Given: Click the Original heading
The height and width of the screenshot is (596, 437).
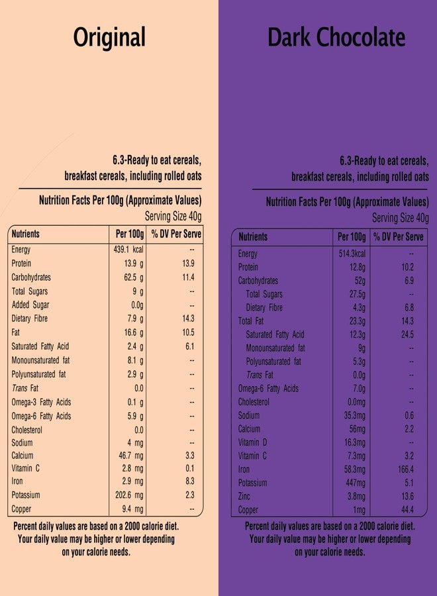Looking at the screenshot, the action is (x=109, y=38).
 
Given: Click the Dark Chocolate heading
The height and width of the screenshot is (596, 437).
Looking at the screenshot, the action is (x=336, y=37).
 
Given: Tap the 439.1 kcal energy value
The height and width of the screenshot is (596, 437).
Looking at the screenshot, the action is (x=128, y=250).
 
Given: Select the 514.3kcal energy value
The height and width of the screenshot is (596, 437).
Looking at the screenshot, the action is (x=352, y=254).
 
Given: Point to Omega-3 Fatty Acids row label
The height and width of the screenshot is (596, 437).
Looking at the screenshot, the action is (x=41, y=402).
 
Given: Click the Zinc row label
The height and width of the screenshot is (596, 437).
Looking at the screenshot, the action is (x=244, y=497).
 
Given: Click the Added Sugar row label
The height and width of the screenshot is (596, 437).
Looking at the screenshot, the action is (x=30, y=305).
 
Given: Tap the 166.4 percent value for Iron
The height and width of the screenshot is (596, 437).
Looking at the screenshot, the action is (x=406, y=470).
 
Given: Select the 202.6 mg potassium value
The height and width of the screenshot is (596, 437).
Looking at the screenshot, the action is (x=129, y=495).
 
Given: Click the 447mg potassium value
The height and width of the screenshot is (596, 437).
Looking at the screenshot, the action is (x=356, y=483).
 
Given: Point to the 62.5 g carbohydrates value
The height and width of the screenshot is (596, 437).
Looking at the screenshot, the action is (x=134, y=277).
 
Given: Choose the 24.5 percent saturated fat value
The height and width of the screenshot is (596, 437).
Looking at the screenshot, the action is (x=407, y=335).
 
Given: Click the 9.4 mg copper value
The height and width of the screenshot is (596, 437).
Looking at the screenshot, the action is (x=132, y=509).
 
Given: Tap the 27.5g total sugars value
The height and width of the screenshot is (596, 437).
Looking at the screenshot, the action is (x=358, y=295).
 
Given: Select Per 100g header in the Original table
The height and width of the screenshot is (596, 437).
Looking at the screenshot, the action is (x=130, y=234).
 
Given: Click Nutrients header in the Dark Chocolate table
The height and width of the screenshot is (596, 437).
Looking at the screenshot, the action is (x=253, y=237).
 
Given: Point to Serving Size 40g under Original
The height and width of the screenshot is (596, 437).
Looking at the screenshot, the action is (x=173, y=217).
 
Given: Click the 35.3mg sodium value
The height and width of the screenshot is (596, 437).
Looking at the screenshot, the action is (x=355, y=415).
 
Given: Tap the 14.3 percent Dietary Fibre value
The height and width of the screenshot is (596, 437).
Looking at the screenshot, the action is (x=189, y=319).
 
